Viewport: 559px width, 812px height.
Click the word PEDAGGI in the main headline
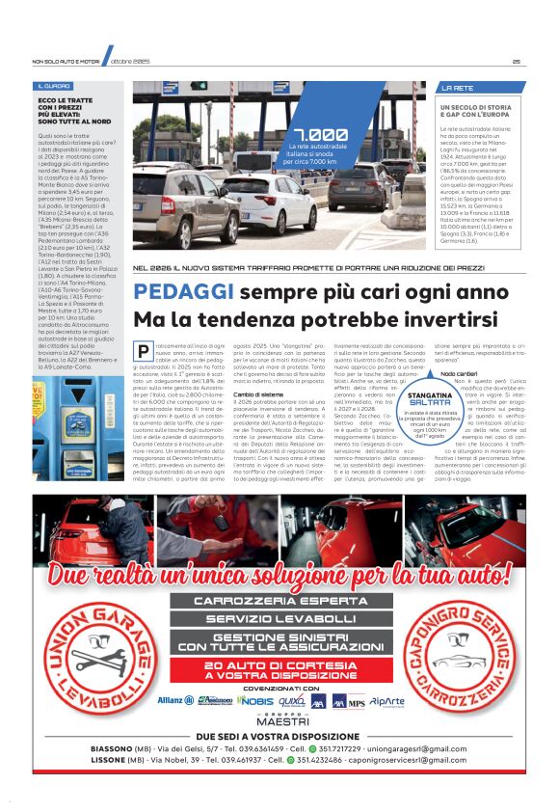tap(184, 292)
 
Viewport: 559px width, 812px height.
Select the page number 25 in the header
tap(517, 61)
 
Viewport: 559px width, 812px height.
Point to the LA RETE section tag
tap(457, 87)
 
